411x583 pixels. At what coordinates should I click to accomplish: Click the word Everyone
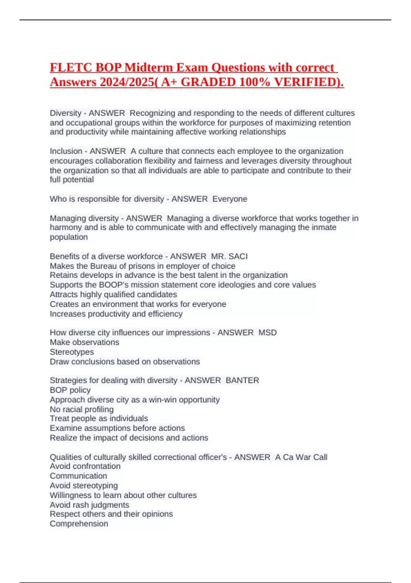(230, 199)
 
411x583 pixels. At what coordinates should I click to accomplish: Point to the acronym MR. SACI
(229, 256)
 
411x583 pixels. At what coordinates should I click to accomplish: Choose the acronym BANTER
(242, 380)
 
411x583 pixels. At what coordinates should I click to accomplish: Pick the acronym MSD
(267, 332)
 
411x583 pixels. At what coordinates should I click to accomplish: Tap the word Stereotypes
(72, 352)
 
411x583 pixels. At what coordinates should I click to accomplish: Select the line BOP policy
(70, 390)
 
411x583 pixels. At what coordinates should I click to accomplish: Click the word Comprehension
(79, 524)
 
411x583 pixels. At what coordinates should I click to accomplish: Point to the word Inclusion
(66, 151)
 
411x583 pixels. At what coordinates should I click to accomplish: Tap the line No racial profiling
(82, 409)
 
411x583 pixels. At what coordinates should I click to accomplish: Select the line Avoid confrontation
(85, 466)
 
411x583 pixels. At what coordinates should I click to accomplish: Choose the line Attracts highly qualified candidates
(113, 294)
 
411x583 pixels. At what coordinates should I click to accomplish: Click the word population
(68, 237)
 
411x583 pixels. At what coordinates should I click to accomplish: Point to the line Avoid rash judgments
(89, 505)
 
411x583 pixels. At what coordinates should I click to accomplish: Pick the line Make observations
(84, 342)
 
